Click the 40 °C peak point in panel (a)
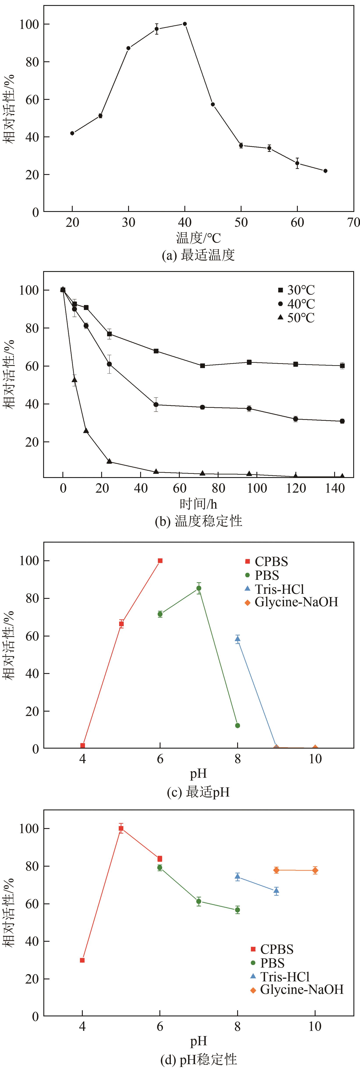coord(185,24)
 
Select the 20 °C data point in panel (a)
coord(72,133)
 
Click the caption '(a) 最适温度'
coord(198,255)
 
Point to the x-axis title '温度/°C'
coord(198,238)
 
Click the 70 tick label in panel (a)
coord(353,223)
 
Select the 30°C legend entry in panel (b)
coord(296,290)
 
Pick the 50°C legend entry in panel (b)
coord(296,318)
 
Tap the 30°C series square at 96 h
coord(249,362)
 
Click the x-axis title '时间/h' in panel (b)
coord(198,504)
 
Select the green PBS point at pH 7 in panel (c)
coord(199,588)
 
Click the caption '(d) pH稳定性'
coord(198,1060)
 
